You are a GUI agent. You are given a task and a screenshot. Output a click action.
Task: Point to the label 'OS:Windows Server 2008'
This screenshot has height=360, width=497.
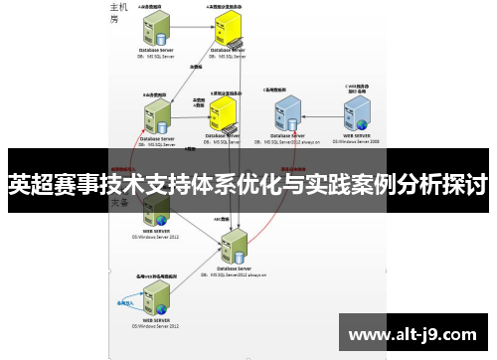pyautogui.click(x=359, y=142)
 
